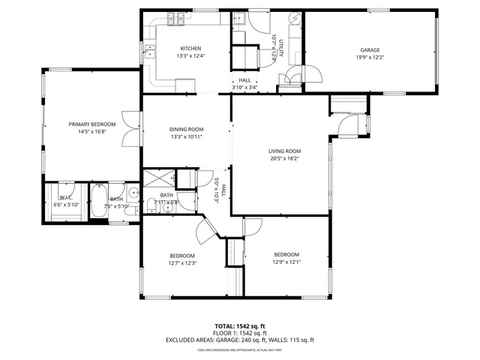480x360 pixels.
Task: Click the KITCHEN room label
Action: coord(190,48)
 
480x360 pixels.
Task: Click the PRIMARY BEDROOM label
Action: coord(92,124)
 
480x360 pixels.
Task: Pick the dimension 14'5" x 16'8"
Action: coord(92,131)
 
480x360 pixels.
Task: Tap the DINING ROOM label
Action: coord(187,129)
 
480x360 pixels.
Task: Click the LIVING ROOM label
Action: coord(284,151)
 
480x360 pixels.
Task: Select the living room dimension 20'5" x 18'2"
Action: coord(284,158)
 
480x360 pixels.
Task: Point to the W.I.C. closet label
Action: coord(65,198)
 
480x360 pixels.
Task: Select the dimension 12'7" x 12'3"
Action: coord(182,262)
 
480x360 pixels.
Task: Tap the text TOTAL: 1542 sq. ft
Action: coord(240,325)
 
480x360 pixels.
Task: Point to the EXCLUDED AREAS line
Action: coord(240,340)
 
